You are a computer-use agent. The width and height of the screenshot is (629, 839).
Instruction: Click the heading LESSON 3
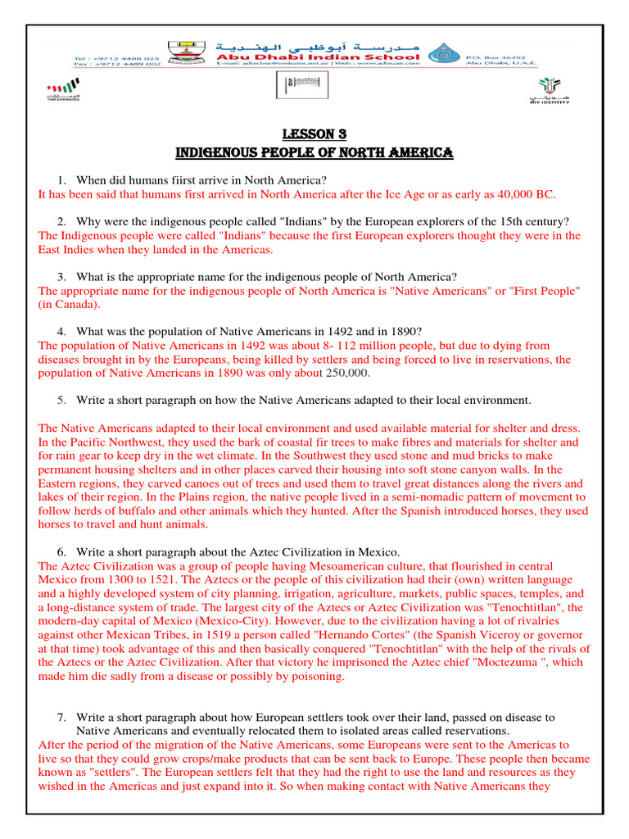pyautogui.click(x=314, y=134)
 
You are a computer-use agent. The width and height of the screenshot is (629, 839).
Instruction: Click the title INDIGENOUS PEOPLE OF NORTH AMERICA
pyautogui.click(x=314, y=153)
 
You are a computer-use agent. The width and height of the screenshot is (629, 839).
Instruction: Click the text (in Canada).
pyautogui.click(x=70, y=305)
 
